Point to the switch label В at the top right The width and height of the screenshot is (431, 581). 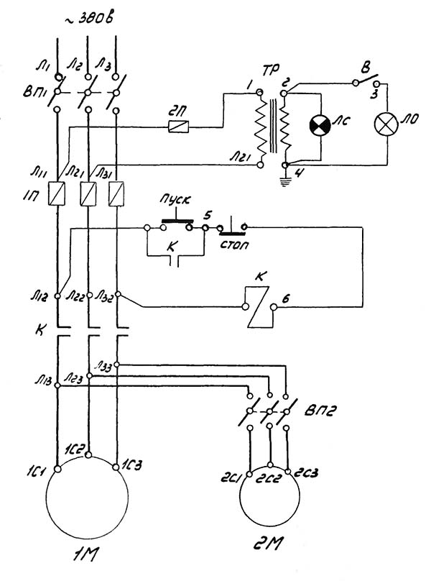pos(366,70)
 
